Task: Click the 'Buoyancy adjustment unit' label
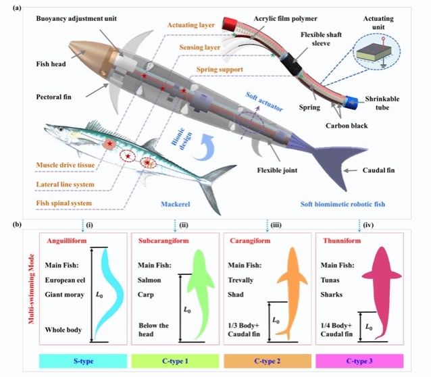76,19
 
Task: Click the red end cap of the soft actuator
230,24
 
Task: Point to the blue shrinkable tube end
351,103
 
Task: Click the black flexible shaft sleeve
293,65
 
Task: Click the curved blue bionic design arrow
204,148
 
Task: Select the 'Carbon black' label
347,126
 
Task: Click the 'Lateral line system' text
65,184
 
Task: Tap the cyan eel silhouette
109,294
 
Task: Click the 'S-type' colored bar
83,361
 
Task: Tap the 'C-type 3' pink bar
359,361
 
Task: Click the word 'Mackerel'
176,204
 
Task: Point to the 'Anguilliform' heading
67,241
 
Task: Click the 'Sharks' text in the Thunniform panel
331,295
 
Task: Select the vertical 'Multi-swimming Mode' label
31,288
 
